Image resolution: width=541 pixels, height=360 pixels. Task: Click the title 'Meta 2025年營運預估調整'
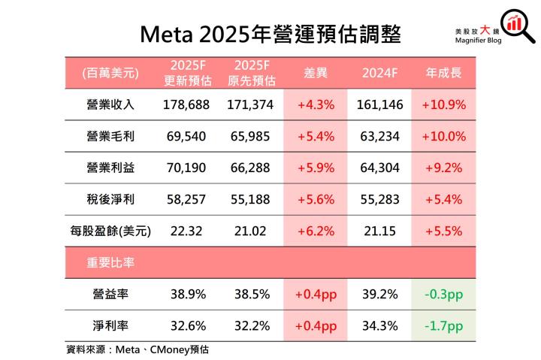270,32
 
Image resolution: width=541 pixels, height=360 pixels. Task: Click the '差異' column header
316,73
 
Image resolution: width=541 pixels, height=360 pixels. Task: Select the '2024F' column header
379,73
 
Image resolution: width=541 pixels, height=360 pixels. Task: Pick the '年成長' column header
444,73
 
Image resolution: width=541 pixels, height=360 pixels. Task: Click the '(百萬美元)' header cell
110,73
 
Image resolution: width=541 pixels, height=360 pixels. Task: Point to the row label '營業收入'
110,105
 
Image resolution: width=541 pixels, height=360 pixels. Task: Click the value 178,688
186,105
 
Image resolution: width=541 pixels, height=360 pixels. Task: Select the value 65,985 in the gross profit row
250,137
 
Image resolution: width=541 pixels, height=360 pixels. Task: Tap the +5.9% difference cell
316,168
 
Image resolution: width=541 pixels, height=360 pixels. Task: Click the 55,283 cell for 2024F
379,200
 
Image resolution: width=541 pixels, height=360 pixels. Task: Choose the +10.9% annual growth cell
444,105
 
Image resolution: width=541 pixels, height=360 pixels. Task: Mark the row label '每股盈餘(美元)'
110,231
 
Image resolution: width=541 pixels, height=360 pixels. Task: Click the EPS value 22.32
186,231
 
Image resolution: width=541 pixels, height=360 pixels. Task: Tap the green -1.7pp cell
444,327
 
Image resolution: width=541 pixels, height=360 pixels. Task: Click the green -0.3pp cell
444,295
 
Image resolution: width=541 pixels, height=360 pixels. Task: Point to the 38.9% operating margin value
186,295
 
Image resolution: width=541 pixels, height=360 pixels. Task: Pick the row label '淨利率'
110,327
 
